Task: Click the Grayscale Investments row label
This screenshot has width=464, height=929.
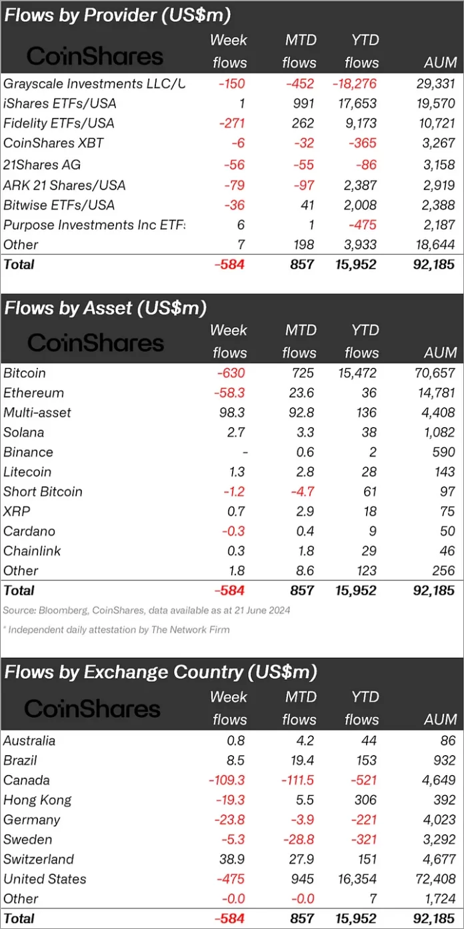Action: [x=93, y=83]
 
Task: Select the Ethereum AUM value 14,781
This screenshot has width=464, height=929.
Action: [x=435, y=393]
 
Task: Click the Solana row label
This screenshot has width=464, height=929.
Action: [x=23, y=433]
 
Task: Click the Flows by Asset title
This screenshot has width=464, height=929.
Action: [x=105, y=308]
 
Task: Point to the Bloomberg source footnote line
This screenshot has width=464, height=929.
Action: [x=147, y=610]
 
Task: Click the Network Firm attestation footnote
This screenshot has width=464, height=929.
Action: [x=117, y=629]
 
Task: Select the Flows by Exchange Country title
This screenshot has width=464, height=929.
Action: [x=160, y=671]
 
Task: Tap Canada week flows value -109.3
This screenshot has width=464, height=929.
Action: [x=227, y=780]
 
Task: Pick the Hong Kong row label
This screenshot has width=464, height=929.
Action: [x=37, y=800]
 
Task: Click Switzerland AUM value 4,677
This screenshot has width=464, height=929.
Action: [x=439, y=859]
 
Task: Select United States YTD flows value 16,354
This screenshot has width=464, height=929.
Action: [x=357, y=879]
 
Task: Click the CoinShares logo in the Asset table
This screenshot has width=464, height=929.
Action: [x=95, y=343]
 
